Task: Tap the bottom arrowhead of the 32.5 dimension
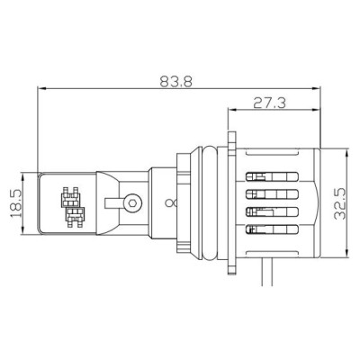coord(343,250)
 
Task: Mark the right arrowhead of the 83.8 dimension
coord(319,88)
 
